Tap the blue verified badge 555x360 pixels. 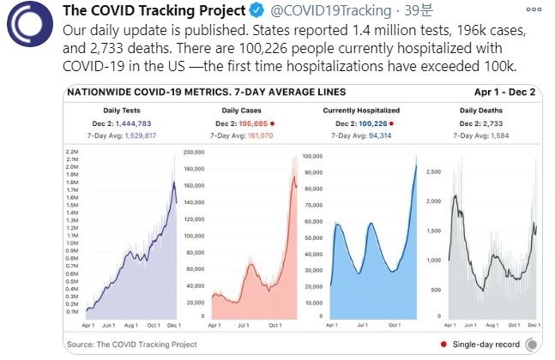pyautogui.click(x=238, y=10)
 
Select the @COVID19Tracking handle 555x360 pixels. pyautogui.click(x=299, y=10)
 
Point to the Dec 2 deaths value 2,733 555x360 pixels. pyautogui.click(x=501, y=124)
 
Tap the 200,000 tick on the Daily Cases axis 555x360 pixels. pyautogui.click(x=193, y=153)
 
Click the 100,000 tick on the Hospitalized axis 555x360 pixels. pyautogui.click(x=311, y=157)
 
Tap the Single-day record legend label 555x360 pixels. pyautogui.click(x=489, y=345)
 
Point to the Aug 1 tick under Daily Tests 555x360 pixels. pyautogui.click(x=131, y=327)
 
